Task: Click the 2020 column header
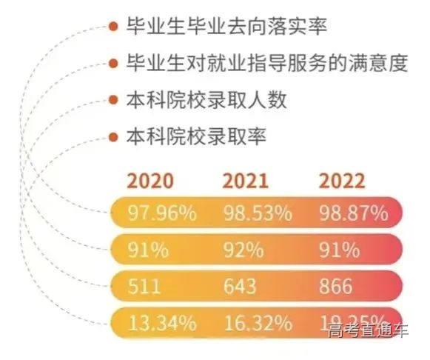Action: click(150, 181)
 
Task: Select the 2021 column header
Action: click(246, 181)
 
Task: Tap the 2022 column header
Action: click(341, 181)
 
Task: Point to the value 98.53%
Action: click(258, 214)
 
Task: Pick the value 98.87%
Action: click(353, 214)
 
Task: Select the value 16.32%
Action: click(258, 323)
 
